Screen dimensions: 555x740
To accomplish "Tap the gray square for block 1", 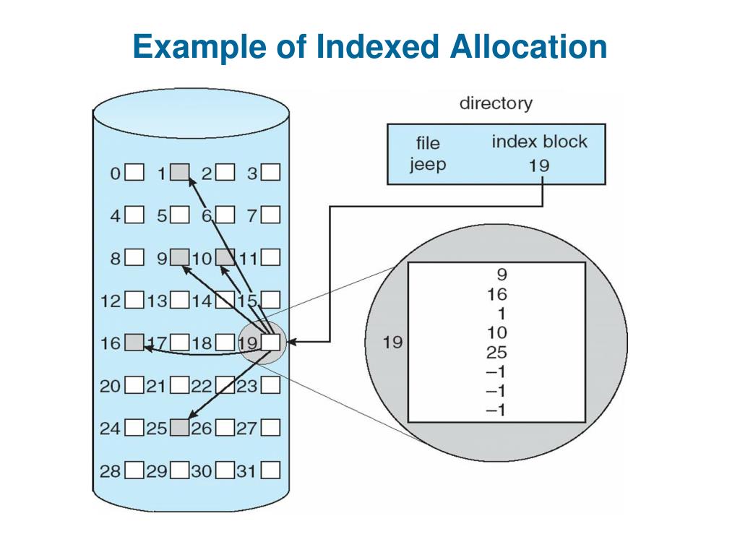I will (x=180, y=172).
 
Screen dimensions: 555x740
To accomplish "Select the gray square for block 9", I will (x=179, y=257).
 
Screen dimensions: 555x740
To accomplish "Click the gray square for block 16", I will (x=134, y=342).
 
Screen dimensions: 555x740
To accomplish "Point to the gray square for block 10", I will (x=225, y=257).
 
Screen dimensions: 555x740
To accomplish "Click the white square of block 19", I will (x=270, y=342).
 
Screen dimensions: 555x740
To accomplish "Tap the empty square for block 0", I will (x=134, y=173).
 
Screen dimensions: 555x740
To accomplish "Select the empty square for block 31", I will (x=270, y=471).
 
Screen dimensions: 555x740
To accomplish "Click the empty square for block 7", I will (x=270, y=215).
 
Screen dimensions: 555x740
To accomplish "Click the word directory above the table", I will (x=496, y=103).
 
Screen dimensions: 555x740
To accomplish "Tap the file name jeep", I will (x=428, y=164).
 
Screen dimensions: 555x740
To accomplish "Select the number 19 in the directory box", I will (x=538, y=165).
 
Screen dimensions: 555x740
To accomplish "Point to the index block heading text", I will (x=539, y=142).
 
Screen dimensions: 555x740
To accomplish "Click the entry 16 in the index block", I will (x=496, y=294).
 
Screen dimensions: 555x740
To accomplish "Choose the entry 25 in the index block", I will (x=496, y=353).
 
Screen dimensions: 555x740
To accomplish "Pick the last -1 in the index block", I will (x=496, y=410).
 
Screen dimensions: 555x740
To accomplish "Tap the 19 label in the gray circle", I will (x=392, y=342).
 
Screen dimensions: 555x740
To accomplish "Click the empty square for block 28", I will (x=134, y=471).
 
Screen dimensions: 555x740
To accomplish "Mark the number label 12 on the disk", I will (x=111, y=300).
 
